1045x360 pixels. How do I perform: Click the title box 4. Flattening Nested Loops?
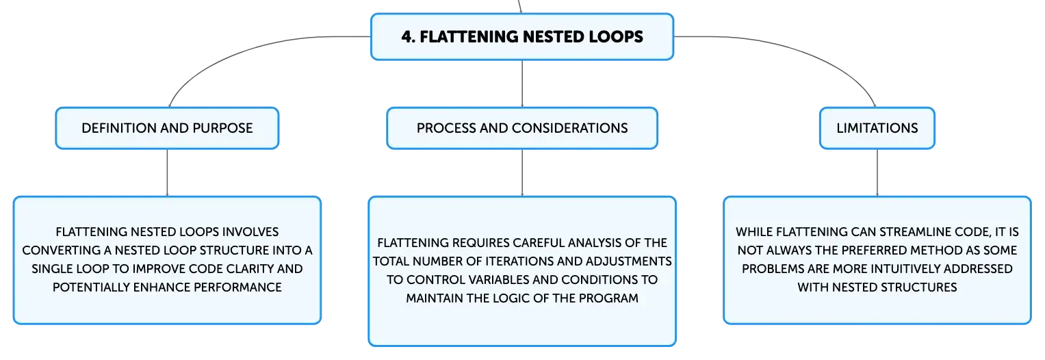pyautogui.click(x=522, y=36)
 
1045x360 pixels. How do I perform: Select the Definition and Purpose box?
pyautogui.click(x=167, y=128)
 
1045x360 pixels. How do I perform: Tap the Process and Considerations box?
pyautogui.click(x=522, y=128)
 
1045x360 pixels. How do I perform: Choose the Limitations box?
pyautogui.click(x=877, y=128)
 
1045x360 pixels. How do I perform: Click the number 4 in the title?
pyautogui.click(x=407, y=37)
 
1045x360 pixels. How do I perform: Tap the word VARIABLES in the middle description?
pyautogui.click(x=499, y=280)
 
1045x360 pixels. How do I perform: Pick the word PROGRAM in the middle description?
pyautogui.click(x=608, y=298)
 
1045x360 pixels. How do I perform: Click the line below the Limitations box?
pyautogui.click(x=877, y=172)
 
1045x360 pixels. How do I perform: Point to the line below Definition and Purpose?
pyautogui.click(x=167, y=172)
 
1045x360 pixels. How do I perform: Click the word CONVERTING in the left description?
pyautogui.click(x=61, y=250)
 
